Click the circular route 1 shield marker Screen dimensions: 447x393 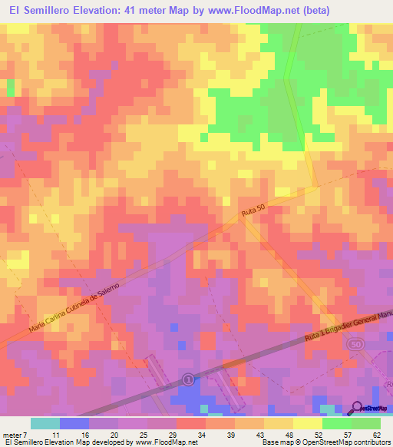click(x=189, y=379)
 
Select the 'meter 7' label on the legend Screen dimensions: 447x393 click(x=15, y=434)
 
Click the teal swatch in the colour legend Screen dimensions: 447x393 click(x=45, y=423)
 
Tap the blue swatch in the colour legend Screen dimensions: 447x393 click(x=74, y=423)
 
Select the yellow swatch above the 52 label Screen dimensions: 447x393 click(x=308, y=423)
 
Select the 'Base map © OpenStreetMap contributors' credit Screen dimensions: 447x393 click(x=325, y=443)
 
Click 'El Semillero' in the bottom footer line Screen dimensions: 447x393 click(x=25, y=443)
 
